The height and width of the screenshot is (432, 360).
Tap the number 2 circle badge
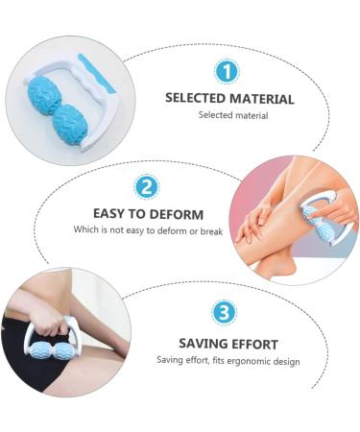click(147, 187)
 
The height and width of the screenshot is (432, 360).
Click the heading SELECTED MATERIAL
click(229, 98)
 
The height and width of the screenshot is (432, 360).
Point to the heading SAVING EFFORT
click(228, 344)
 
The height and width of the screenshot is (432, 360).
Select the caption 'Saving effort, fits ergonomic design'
click(228, 361)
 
